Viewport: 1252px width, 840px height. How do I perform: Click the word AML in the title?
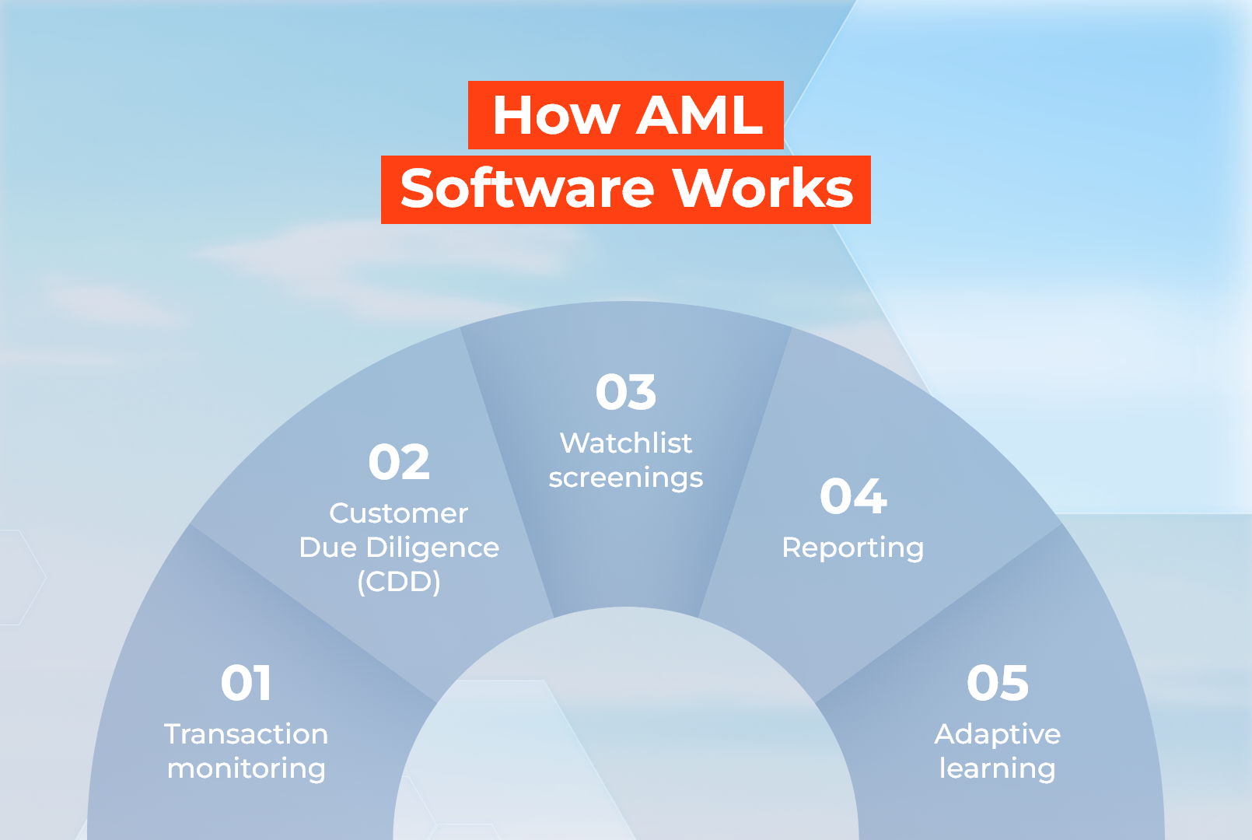pyautogui.click(x=699, y=116)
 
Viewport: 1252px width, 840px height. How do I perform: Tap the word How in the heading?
pyautogui.click(x=556, y=116)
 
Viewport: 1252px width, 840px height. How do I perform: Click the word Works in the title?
pyautogui.click(x=762, y=189)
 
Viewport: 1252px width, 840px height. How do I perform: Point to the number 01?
pyautogui.click(x=246, y=683)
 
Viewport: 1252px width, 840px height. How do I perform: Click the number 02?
pyautogui.click(x=399, y=462)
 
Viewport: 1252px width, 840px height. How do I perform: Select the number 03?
pyautogui.click(x=626, y=392)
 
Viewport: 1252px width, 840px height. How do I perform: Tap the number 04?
pyautogui.click(x=853, y=496)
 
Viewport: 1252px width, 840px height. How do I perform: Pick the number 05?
pyautogui.click(x=998, y=683)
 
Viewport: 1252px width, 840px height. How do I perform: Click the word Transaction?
pyautogui.click(x=246, y=734)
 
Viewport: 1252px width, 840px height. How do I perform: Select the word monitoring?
pyautogui.click(x=246, y=769)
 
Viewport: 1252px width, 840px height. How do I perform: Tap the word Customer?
pyautogui.click(x=399, y=513)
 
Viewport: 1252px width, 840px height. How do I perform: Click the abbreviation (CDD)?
pyautogui.click(x=399, y=582)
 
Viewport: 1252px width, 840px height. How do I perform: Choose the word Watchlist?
pyautogui.click(x=626, y=443)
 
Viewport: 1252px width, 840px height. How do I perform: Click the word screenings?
pyautogui.click(x=626, y=478)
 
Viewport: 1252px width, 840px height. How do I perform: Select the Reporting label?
pyautogui.click(x=853, y=548)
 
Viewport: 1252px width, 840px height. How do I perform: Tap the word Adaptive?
pyautogui.click(x=998, y=734)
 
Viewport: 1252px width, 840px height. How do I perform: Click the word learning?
pyautogui.click(x=998, y=769)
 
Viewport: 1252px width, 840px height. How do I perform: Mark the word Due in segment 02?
pyautogui.click(x=327, y=548)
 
